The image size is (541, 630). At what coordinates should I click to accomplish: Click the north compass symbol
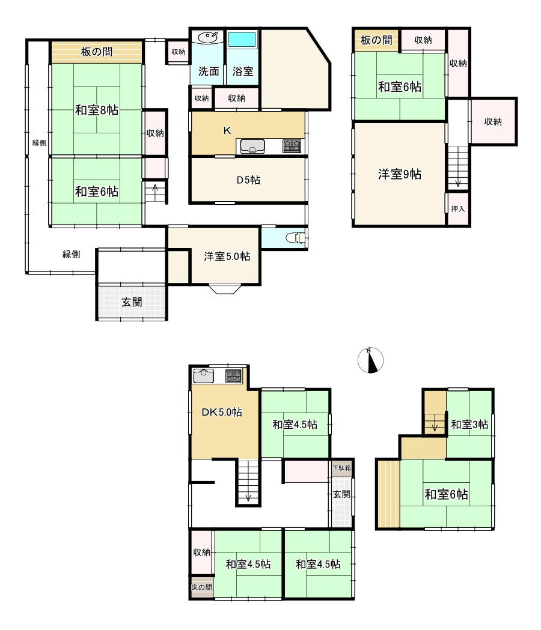pos(370,360)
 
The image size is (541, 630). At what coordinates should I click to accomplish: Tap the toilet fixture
pos(296,238)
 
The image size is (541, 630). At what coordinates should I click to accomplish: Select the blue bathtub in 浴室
pos(242,40)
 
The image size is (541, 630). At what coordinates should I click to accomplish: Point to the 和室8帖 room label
pos(97,110)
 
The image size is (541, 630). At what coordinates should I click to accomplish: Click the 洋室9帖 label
pos(399,174)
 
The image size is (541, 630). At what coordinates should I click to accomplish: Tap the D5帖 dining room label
pos(248,180)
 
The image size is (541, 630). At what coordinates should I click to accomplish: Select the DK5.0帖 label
pos(222,412)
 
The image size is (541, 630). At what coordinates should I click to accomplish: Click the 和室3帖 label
pos(469,424)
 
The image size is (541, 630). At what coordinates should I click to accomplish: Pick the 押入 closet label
pos(457,208)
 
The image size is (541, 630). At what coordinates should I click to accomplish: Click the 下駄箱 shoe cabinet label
pos(341,468)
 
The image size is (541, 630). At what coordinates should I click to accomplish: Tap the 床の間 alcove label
pos(201,587)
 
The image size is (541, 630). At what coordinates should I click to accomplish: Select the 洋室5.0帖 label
pos(227,256)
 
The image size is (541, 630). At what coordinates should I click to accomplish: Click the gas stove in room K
pos(292,145)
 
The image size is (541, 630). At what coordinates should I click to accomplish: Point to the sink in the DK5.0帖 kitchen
pos(204,376)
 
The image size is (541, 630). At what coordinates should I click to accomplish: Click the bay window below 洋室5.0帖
pos(225,289)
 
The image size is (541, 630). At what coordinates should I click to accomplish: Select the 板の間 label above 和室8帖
pos(97,52)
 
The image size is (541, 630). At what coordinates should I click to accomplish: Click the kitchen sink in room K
pos(252,147)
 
